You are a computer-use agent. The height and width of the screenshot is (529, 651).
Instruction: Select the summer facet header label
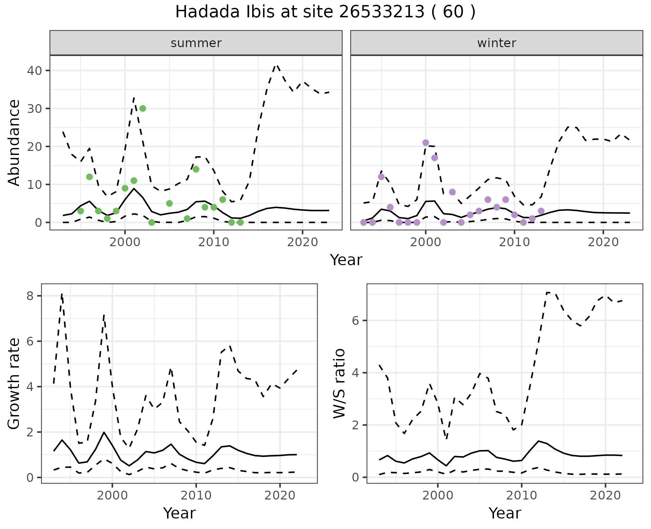click(x=196, y=43)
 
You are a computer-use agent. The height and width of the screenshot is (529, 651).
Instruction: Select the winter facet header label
click(x=496, y=43)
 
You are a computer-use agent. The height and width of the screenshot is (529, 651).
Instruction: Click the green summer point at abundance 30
click(x=143, y=109)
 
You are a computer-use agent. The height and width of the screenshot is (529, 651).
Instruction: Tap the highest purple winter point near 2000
click(x=426, y=143)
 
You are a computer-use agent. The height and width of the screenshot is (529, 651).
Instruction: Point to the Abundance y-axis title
click(x=14, y=142)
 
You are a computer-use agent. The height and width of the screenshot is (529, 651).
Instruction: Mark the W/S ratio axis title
click(x=339, y=383)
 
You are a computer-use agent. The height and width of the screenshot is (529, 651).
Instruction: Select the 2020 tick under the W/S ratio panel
click(x=605, y=495)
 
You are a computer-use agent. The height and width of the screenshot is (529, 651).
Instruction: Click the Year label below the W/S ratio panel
click(x=505, y=513)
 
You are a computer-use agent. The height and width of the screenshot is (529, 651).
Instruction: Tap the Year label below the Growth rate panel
click(x=179, y=513)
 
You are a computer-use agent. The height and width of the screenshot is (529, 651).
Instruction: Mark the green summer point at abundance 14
click(x=196, y=169)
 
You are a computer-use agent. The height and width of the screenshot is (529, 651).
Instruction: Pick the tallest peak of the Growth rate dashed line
click(x=62, y=294)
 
